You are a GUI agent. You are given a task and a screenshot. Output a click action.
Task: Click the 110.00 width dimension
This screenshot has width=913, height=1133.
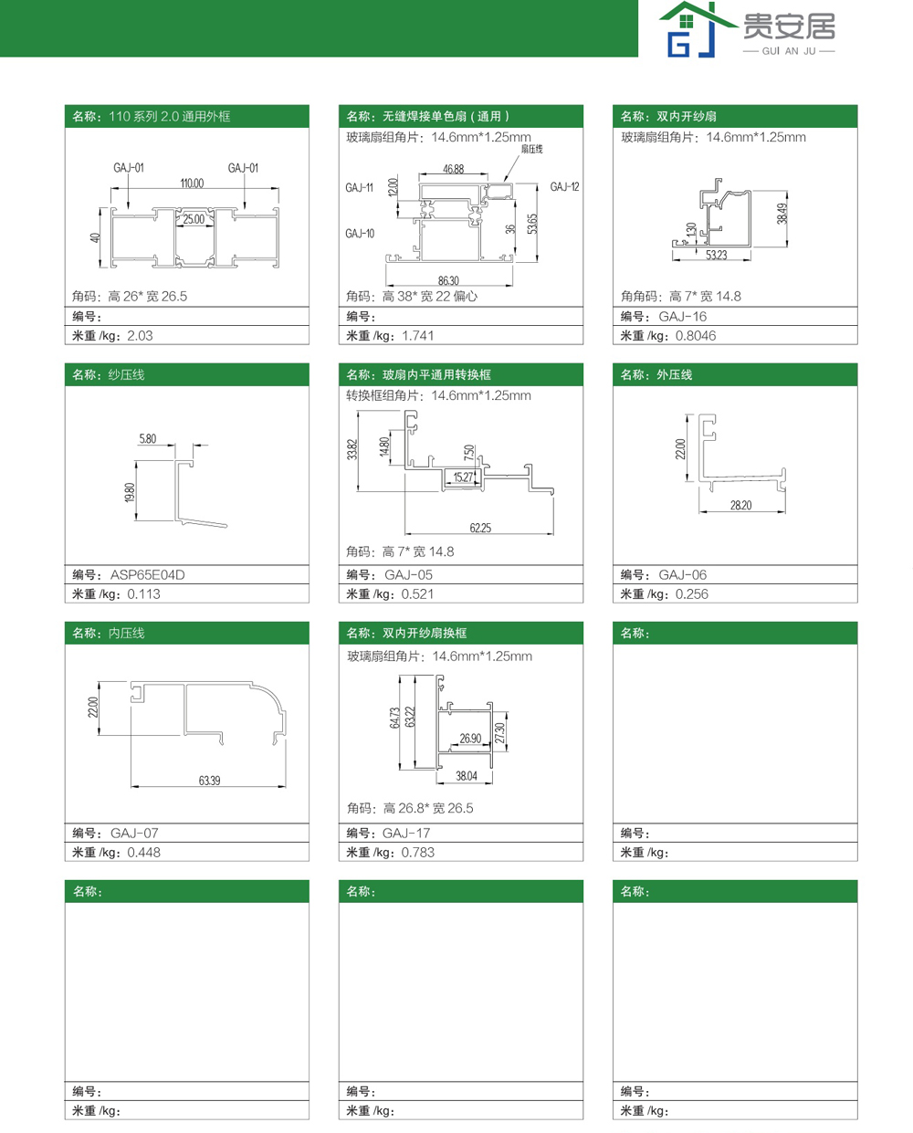[192, 184]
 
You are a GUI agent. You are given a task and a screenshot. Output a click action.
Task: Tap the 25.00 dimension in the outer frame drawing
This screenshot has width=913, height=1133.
[194, 219]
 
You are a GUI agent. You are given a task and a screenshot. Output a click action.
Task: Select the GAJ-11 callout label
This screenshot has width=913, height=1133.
[359, 187]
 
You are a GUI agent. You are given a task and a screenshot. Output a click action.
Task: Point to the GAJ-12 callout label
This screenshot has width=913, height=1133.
[564, 186]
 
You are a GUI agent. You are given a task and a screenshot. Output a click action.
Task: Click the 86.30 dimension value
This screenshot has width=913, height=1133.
[448, 280]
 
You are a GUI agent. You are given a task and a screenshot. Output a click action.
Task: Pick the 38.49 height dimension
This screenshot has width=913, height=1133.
[782, 214]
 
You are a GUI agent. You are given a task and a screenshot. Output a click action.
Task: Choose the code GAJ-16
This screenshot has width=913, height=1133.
[682, 317]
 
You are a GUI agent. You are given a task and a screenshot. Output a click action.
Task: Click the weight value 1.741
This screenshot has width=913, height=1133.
[417, 336]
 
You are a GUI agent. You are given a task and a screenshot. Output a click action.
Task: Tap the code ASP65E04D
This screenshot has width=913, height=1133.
[147, 575]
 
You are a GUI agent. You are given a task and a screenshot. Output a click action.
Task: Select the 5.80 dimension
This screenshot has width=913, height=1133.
[147, 438]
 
